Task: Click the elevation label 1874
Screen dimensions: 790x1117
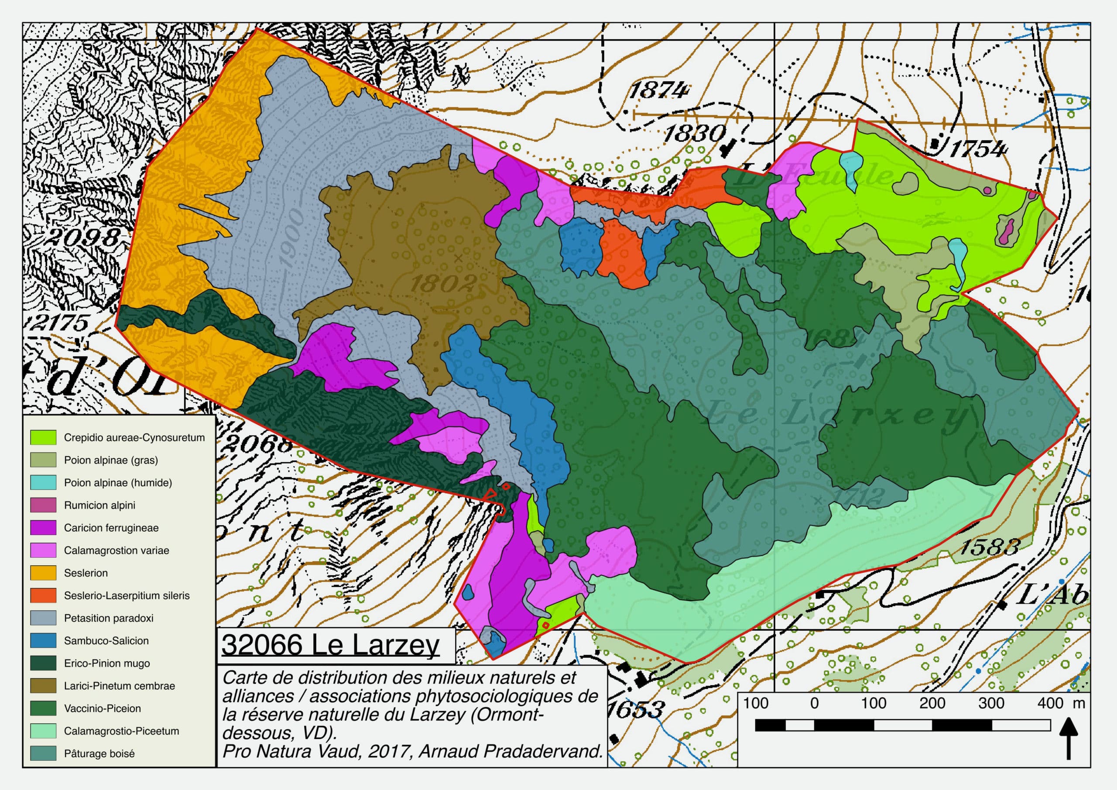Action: click(659, 90)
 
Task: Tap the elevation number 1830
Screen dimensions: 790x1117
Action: click(695, 133)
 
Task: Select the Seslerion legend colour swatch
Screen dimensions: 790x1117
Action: click(43, 573)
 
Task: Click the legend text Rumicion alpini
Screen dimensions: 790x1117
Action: click(100, 505)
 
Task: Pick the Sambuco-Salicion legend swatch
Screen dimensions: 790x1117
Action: click(43, 641)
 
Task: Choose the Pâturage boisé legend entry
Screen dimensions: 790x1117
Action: click(99, 753)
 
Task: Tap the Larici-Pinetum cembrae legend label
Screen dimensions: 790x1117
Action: click(119, 686)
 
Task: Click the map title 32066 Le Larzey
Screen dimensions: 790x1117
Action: click(330, 645)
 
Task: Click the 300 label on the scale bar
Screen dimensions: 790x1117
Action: click(991, 703)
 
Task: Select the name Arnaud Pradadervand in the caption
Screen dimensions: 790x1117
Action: click(511, 751)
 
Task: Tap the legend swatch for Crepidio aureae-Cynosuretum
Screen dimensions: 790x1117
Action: click(43, 438)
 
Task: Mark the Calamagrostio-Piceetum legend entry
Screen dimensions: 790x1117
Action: click(121, 731)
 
